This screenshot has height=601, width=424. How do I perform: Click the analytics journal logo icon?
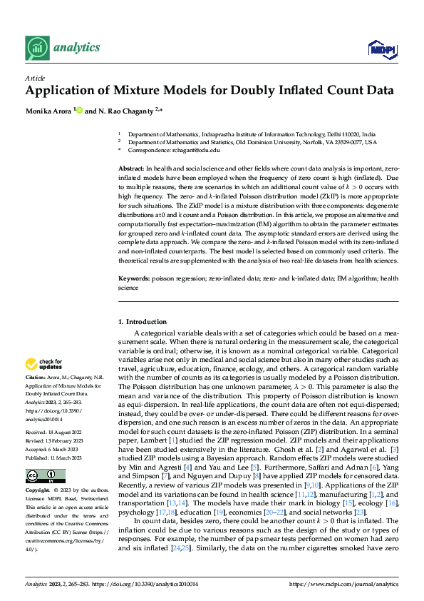tap(36, 48)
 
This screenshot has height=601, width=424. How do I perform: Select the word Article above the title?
tap(35, 77)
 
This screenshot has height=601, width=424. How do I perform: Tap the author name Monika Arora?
tap(48, 111)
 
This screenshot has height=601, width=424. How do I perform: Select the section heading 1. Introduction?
tap(143, 322)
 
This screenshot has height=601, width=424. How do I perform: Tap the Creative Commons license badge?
tap(46, 456)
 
